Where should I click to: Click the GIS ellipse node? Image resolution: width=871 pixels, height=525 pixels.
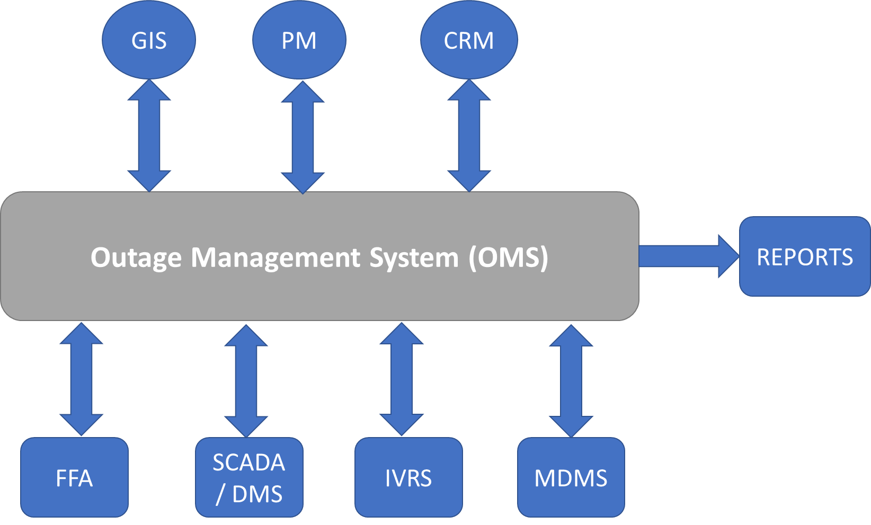(x=149, y=41)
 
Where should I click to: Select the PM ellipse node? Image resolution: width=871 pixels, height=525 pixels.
(x=299, y=41)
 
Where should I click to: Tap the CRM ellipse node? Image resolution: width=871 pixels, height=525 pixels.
(x=469, y=41)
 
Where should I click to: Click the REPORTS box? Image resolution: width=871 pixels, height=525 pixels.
(x=804, y=256)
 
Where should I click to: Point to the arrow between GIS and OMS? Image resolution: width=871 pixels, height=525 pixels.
(x=149, y=136)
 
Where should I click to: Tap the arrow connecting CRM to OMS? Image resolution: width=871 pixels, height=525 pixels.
(x=469, y=136)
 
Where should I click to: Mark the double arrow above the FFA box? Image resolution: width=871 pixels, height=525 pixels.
(x=81, y=379)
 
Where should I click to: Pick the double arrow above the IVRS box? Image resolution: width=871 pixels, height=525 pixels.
(x=402, y=379)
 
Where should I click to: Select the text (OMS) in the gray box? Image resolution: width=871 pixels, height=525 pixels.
(x=509, y=257)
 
